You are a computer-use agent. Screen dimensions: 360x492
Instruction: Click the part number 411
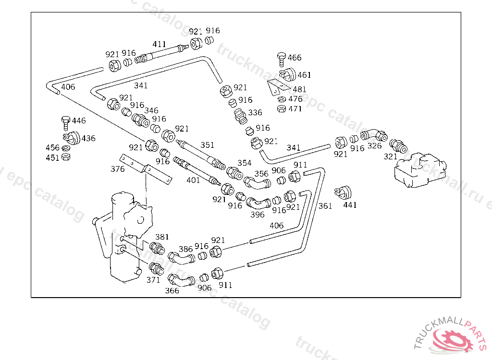tap(159, 44)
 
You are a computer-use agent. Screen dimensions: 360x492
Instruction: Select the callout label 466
tap(295, 58)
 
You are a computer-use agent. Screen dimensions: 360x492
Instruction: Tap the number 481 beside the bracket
tap(299, 89)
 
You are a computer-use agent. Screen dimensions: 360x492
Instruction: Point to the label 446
tap(79, 120)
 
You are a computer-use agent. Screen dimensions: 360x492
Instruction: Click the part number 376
tap(117, 169)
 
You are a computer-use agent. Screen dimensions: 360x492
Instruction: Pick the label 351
tap(207, 145)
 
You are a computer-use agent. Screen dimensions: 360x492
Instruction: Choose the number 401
tap(193, 180)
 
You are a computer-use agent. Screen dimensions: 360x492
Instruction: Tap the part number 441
tap(350, 205)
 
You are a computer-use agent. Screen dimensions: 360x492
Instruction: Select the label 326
tap(375, 145)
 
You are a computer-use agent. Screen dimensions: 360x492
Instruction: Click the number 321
tap(390, 156)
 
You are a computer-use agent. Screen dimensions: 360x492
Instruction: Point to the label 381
tap(162, 236)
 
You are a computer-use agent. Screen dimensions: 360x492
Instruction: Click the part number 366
tap(172, 290)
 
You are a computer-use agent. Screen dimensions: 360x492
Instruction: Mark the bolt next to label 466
tap(282, 59)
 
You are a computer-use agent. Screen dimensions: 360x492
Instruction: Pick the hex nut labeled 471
tap(282, 109)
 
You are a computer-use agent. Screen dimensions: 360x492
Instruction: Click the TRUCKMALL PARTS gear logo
tap(454, 338)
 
